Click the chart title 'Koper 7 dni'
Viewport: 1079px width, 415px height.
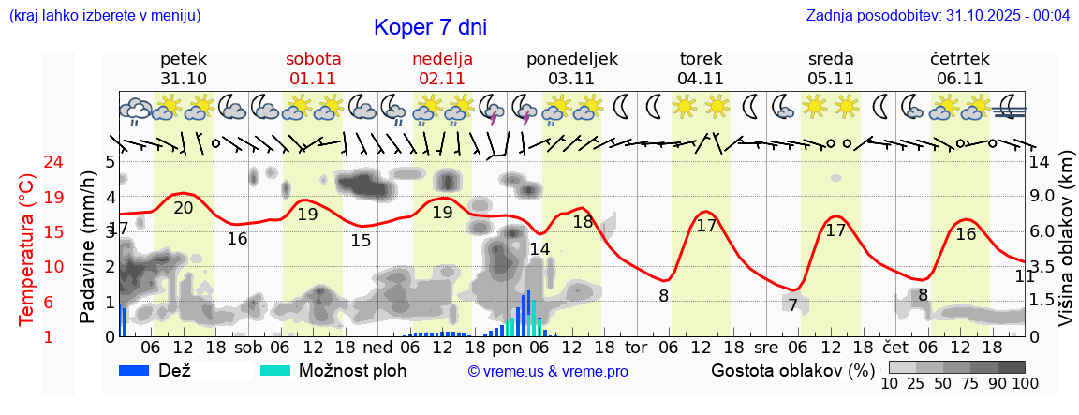coord(430,28)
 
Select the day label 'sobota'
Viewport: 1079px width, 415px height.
coord(314,59)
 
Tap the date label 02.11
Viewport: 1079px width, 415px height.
coord(443,79)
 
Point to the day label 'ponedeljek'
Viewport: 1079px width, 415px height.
coord(572,59)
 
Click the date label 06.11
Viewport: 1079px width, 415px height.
coord(960,79)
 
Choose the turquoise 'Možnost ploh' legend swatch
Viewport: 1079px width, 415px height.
coord(275,370)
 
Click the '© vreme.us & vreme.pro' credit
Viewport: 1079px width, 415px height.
coord(548,371)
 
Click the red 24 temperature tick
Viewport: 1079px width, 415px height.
coord(27,162)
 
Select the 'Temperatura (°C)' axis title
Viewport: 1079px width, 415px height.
coord(28,249)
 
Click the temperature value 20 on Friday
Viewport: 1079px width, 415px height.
coord(184,207)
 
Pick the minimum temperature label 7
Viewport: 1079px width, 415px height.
coord(792,304)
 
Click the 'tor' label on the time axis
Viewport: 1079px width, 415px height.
coord(636,346)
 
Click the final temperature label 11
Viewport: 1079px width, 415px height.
coord(1025,275)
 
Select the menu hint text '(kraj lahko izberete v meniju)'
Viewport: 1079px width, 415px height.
coord(104,16)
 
